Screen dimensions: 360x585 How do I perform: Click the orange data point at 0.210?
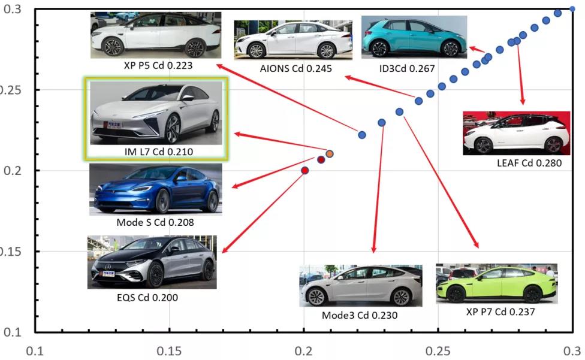(330, 154)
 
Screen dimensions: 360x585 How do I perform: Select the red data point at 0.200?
(304, 171)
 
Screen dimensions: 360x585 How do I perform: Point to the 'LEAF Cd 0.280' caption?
(529, 163)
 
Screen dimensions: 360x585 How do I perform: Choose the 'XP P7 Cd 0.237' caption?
(500, 312)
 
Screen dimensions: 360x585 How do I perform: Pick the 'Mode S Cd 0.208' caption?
(155, 223)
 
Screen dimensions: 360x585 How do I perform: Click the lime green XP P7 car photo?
(496, 284)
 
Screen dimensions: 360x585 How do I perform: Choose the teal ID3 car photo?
(414, 37)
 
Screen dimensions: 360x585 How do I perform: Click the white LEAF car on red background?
(516, 133)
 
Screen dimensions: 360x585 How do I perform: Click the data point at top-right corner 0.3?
(572, 9)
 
